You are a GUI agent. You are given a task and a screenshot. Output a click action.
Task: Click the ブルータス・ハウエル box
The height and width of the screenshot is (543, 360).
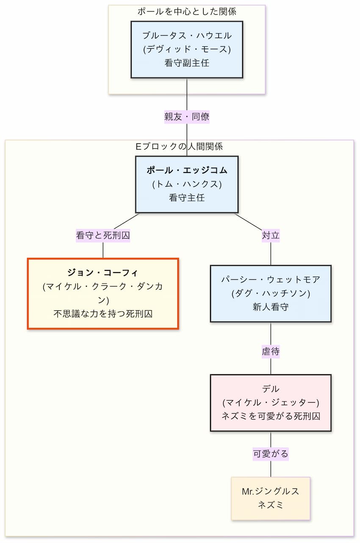pyautogui.click(x=187, y=50)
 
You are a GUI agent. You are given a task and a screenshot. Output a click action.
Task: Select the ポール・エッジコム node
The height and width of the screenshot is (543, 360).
pyautogui.click(x=187, y=184)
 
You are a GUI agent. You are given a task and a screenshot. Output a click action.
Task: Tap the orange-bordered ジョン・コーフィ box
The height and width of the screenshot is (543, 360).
pyautogui.click(x=103, y=293)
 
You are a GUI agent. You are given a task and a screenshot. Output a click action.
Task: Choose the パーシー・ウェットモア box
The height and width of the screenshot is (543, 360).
pyautogui.click(x=271, y=293)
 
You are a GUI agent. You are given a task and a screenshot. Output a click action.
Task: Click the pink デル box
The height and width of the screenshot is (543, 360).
pyautogui.click(x=271, y=403)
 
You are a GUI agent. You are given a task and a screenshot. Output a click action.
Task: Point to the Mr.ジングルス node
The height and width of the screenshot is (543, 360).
pyautogui.click(x=271, y=498)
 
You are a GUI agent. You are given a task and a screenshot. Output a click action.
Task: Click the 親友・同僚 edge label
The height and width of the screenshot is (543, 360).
pyautogui.click(x=187, y=117)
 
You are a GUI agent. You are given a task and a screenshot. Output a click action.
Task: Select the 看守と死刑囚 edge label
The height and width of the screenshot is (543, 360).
pyautogui.click(x=103, y=235)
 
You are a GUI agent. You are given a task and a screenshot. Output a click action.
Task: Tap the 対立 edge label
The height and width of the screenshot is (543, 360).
pyautogui.click(x=271, y=235)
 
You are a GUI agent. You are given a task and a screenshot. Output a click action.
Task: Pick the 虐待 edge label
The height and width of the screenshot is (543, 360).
pyautogui.click(x=271, y=351)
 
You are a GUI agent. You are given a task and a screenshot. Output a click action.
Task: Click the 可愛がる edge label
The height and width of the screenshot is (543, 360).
pyautogui.click(x=271, y=454)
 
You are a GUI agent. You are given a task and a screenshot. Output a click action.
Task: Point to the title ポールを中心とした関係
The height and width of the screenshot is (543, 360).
pyautogui.click(x=187, y=11)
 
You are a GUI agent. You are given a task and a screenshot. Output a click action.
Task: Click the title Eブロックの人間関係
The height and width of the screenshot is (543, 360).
pyautogui.click(x=179, y=147)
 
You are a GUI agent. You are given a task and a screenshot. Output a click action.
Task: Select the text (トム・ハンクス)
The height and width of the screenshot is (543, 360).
pyautogui.click(x=187, y=184)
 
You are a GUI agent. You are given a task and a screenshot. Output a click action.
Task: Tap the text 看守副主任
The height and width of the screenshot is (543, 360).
pyautogui.click(x=187, y=63)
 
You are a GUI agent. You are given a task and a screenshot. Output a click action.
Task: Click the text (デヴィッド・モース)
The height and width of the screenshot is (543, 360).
pyautogui.click(x=187, y=50)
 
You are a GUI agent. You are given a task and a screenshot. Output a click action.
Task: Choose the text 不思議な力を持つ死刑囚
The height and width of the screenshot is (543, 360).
pyautogui.click(x=103, y=314)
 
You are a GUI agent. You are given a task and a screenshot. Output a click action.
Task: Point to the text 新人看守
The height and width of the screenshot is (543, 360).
pyautogui.click(x=271, y=307)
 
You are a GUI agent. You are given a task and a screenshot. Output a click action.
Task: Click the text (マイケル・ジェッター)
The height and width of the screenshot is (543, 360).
pyautogui.click(x=271, y=403)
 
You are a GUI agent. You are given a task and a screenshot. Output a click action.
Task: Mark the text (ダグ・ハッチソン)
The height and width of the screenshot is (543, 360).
pyautogui.click(x=271, y=294)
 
